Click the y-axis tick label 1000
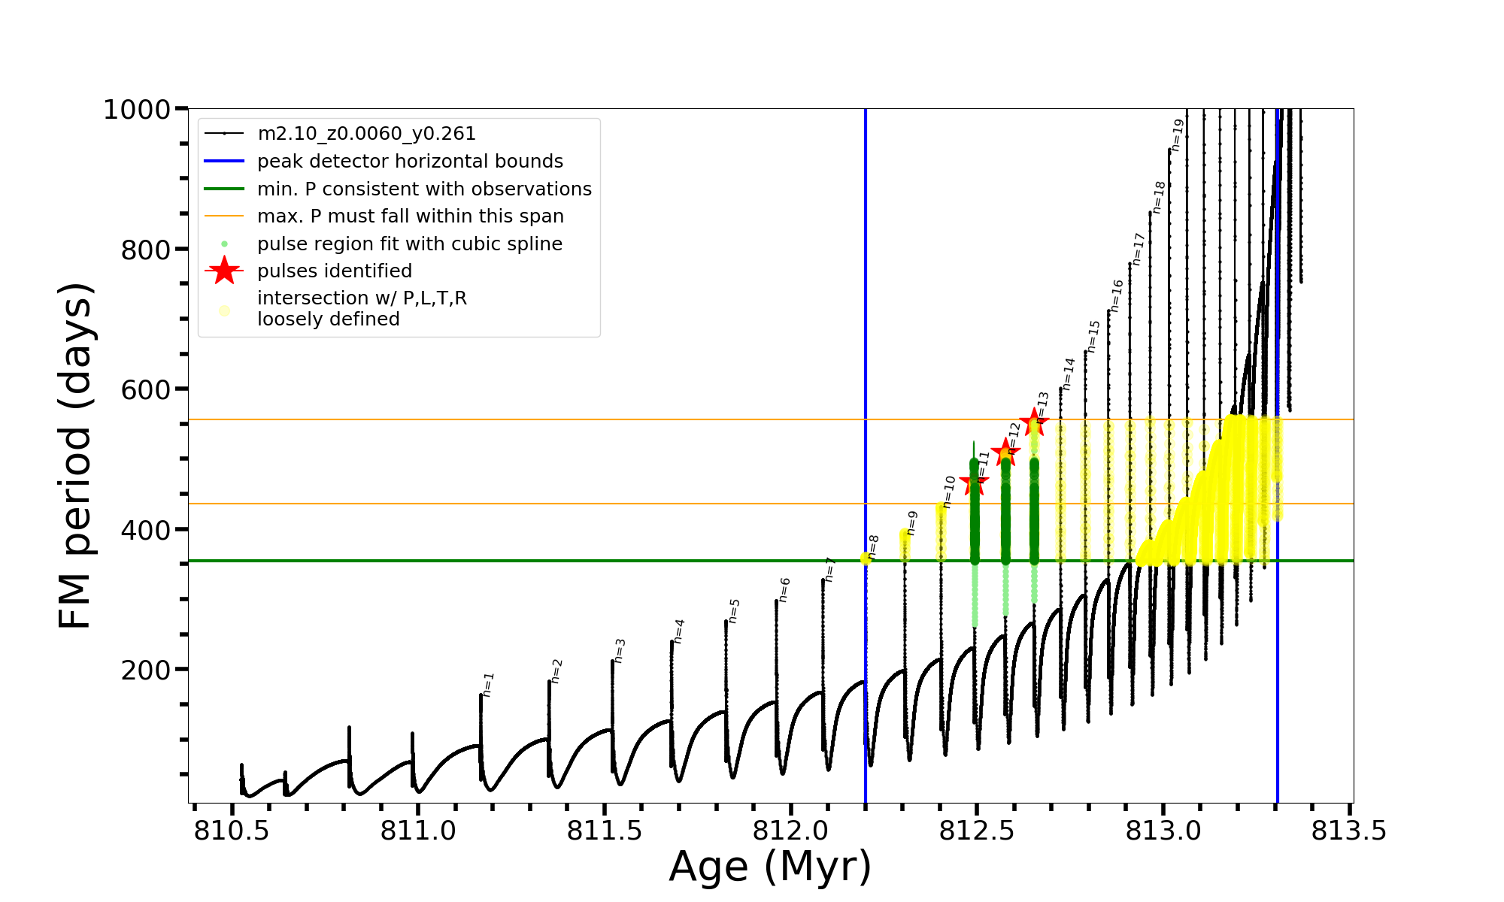click(137, 110)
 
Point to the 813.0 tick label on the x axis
click(1163, 831)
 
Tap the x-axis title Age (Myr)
click(770, 867)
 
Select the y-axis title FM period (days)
click(76, 456)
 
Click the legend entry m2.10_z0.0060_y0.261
click(366, 134)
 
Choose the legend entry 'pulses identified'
click(335, 271)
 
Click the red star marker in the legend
click(224, 271)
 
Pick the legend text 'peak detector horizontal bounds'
click(410, 162)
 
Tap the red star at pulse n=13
click(1034, 422)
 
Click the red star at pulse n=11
click(974, 483)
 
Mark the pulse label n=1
click(489, 685)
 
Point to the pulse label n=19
click(1178, 135)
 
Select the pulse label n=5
click(735, 611)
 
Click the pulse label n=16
click(1117, 295)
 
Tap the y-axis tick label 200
click(146, 670)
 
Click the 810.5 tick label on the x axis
click(231, 831)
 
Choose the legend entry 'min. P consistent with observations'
click(424, 189)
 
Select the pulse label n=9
click(912, 523)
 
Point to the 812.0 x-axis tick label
click(790, 831)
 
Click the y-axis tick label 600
click(146, 389)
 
